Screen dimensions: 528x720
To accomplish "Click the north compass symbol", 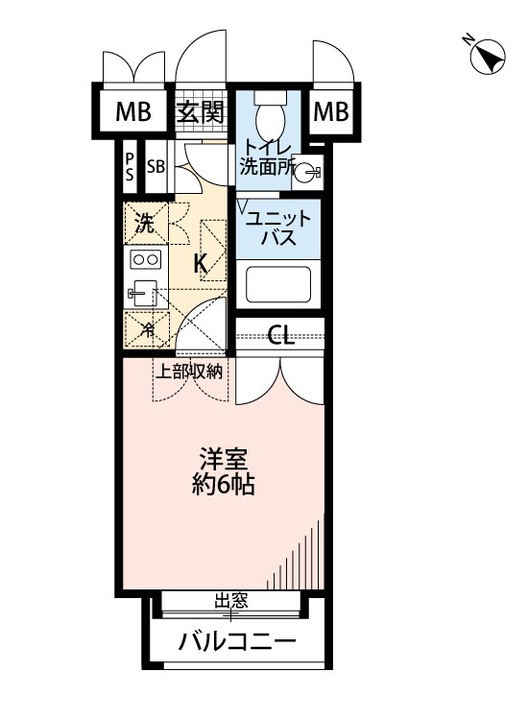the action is click(488, 57).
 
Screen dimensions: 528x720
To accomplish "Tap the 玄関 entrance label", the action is click(201, 111).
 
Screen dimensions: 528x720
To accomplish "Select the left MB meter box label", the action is click(133, 111).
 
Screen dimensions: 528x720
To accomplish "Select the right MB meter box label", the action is click(330, 111).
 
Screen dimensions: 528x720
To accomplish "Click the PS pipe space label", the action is click(130, 167).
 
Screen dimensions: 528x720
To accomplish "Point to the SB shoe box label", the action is click(156, 167).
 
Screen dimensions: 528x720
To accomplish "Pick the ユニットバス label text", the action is click(278, 228).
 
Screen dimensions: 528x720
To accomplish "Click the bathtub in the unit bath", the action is click(278, 285).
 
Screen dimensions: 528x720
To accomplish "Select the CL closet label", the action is click(280, 335).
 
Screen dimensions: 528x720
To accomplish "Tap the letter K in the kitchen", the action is click(200, 264).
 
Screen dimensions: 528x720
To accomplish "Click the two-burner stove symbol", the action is click(146, 260).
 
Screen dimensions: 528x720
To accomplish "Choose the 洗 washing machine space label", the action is click(144, 224).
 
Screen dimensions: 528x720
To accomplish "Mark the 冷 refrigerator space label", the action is click(148, 328).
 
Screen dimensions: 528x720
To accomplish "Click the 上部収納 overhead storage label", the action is click(190, 371).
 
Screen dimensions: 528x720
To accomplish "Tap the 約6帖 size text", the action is click(223, 485).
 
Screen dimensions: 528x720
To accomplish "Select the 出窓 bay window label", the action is click(231, 601).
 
